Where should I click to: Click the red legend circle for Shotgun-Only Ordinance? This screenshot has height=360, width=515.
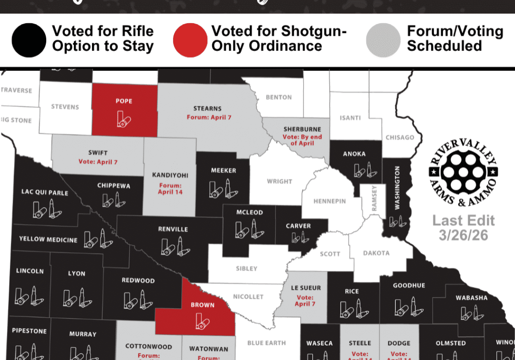coord(190,40)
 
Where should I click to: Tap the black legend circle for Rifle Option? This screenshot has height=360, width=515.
coord(29,40)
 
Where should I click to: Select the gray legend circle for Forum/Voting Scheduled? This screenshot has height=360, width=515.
coord(383,40)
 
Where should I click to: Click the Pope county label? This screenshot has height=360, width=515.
coord(124,101)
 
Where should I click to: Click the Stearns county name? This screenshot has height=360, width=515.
coord(207,108)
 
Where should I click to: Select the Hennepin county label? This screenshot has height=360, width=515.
coord(329,201)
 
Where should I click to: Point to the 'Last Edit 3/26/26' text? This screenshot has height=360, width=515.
coord(463,227)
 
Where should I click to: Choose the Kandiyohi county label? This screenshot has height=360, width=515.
coord(170,175)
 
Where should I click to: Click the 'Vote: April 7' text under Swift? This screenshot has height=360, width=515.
coord(98,162)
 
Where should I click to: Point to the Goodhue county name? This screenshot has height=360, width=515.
coord(409,286)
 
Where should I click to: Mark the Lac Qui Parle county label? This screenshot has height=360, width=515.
coord(45,192)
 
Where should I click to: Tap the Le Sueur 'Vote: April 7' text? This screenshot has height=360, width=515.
coord(305,301)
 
